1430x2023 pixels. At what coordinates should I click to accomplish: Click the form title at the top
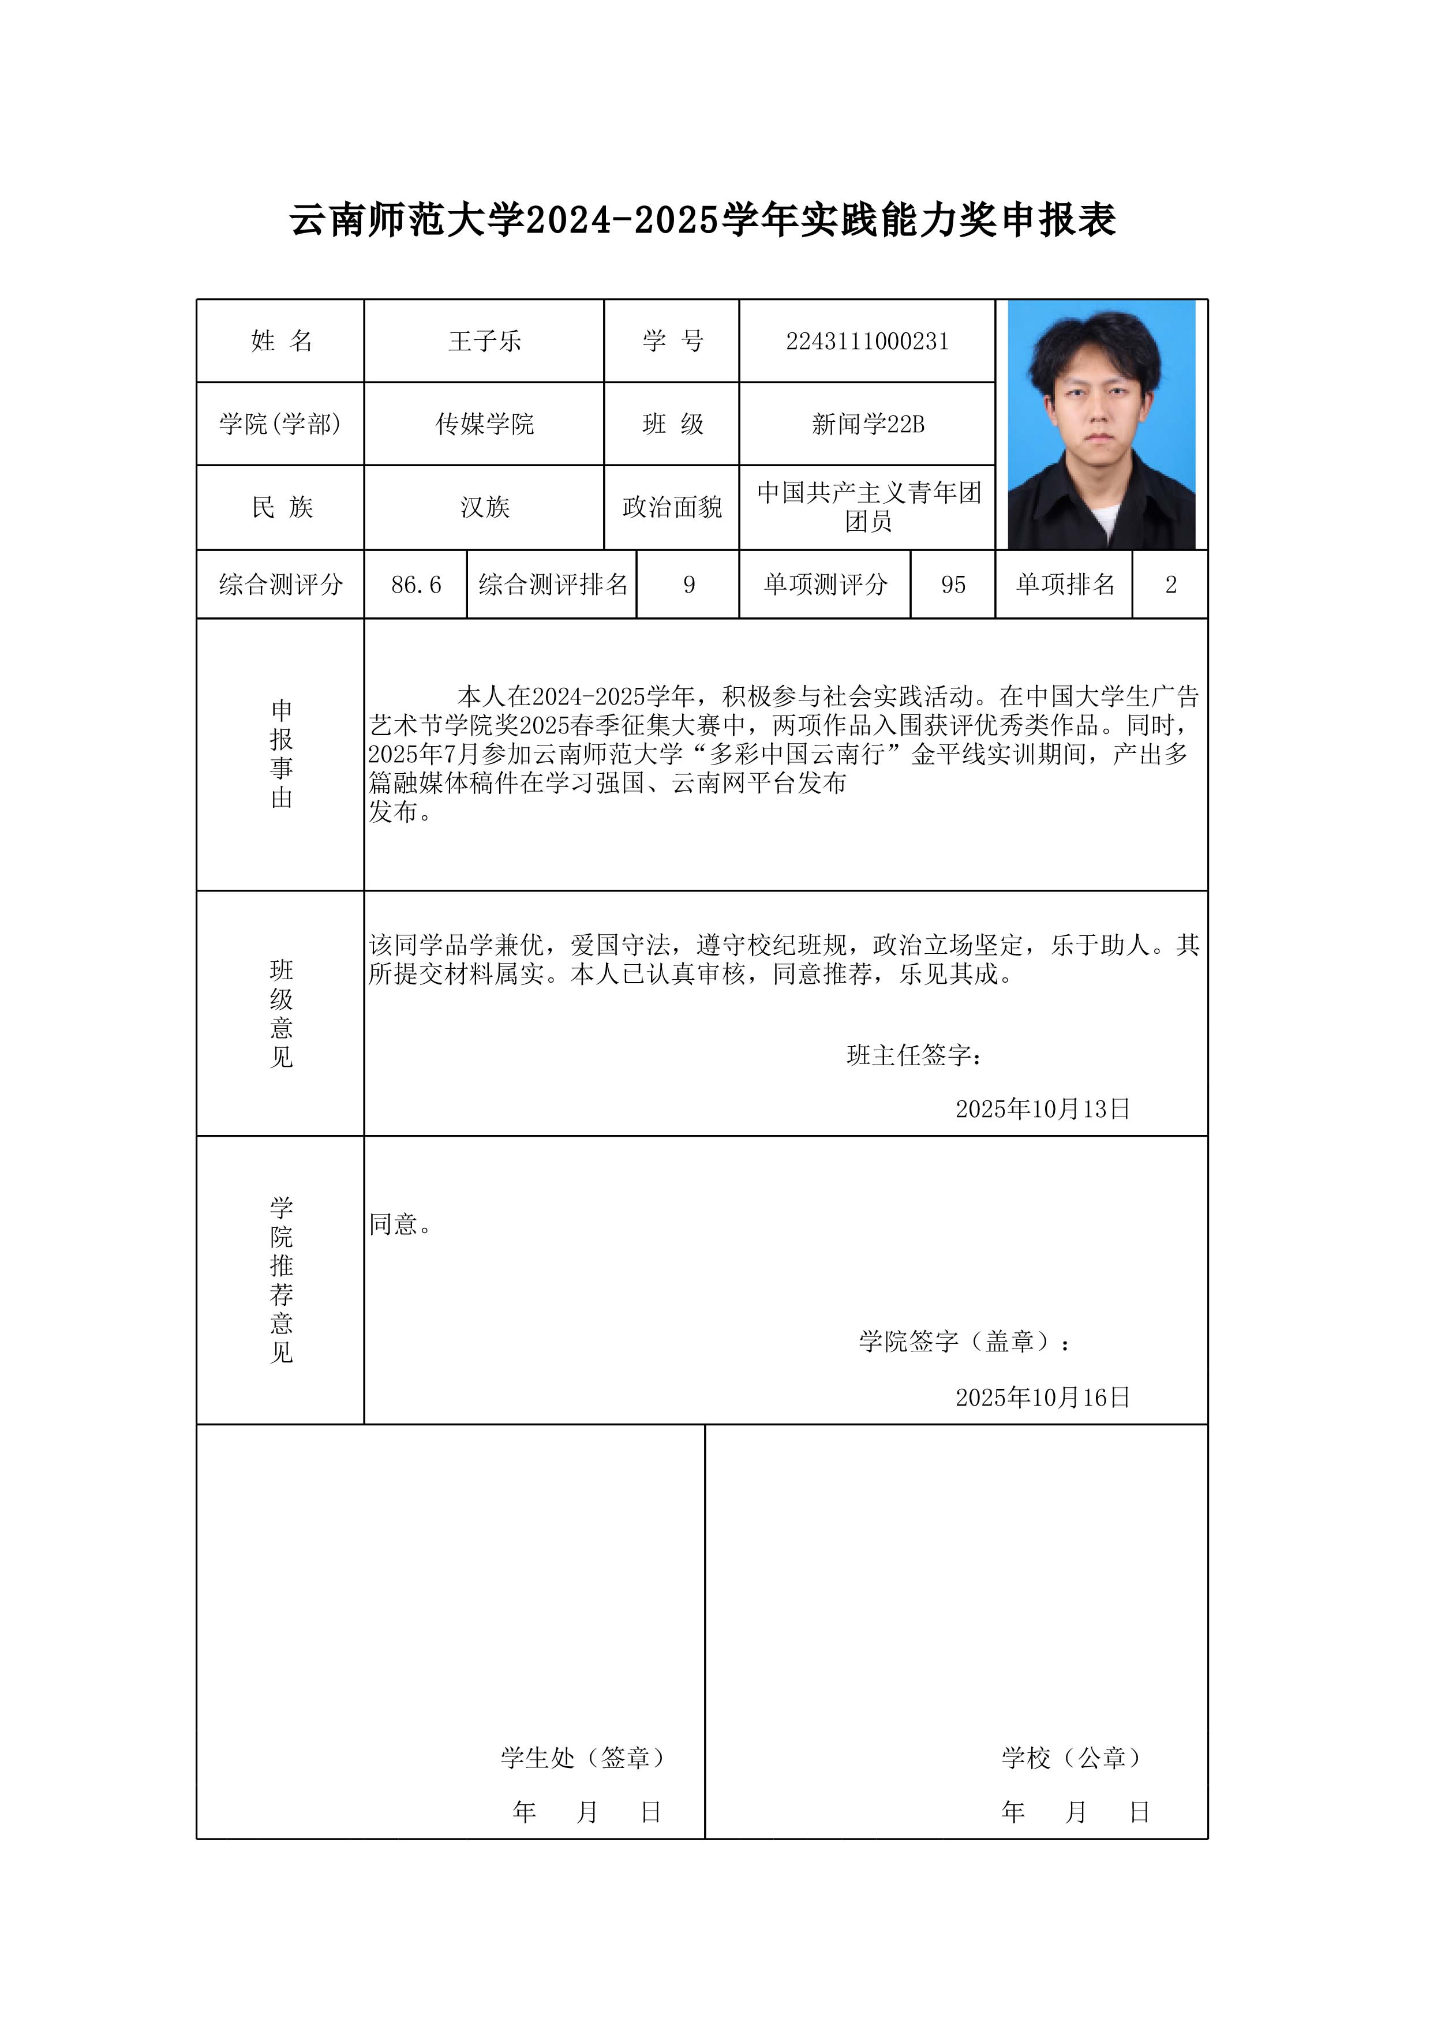click(703, 220)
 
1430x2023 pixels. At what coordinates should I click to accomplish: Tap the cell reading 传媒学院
click(485, 425)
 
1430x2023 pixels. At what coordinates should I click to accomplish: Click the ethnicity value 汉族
click(485, 508)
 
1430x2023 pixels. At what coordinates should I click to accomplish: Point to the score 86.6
click(416, 585)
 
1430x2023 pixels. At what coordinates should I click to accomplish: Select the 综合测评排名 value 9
click(689, 585)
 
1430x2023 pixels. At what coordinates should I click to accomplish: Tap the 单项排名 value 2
click(1170, 585)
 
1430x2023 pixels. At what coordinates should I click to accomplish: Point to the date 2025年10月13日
click(1042, 1109)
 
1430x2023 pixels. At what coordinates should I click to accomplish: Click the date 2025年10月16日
click(1042, 1398)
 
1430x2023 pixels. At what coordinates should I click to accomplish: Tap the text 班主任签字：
click(915, 1055)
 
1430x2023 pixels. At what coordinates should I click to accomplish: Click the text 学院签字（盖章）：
click(965, 1342)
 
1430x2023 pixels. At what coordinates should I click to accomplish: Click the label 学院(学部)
click(280, 425)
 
